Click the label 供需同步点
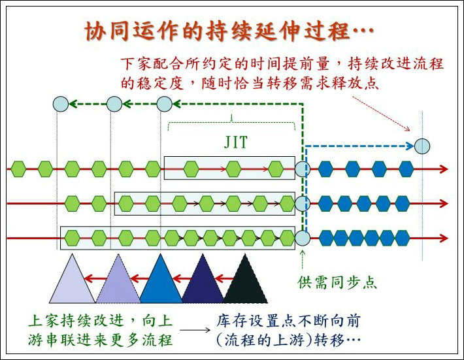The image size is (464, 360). point(338,283)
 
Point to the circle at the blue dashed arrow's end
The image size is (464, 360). point(423,145)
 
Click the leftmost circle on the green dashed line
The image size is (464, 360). point(59,103)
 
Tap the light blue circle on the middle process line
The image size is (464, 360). point(302,203)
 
